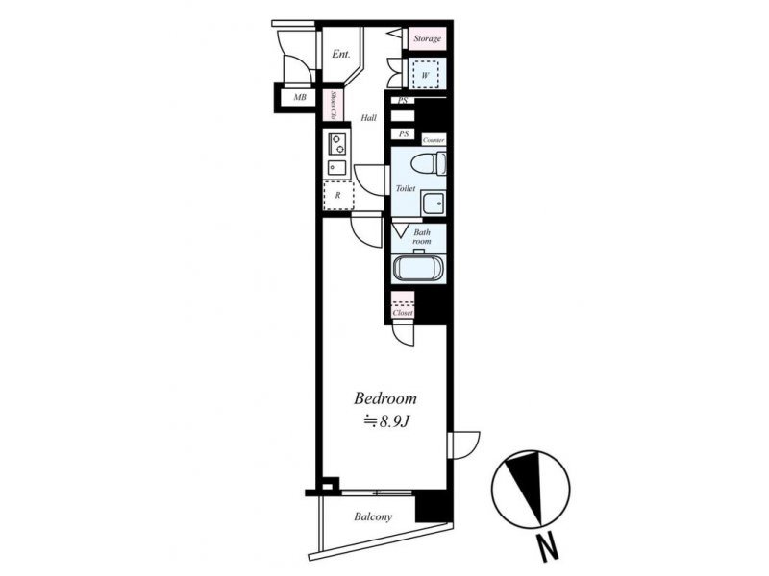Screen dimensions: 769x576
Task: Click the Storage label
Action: tap(427, 38)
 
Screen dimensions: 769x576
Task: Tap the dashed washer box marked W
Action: tap(425, 75)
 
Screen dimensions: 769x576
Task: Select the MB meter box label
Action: tap(300, 98)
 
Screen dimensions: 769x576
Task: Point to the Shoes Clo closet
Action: tap(333, 106)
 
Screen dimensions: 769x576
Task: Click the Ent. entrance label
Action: tap(341, 54)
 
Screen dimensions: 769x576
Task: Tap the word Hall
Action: tap(369, 117)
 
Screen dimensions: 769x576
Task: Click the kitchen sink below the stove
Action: tap(336, 167)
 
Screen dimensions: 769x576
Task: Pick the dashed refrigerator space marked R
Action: tap(338, 196)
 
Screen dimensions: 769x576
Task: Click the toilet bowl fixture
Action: tap(429, 163)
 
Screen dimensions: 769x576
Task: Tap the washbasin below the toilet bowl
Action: tap(433, 203)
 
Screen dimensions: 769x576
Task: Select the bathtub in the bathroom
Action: tap(418, 268)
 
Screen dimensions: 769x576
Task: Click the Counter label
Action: tap(434, 140)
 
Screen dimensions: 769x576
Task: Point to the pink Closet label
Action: tap(403, 313)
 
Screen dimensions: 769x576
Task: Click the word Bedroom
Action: tap(385, 398)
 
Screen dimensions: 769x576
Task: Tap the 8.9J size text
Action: tap(385, 421)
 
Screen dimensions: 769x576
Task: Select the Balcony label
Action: tap(373, 516)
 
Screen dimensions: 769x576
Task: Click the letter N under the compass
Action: tap(548, 547)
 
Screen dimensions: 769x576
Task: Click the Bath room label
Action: tap(421, 236)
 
